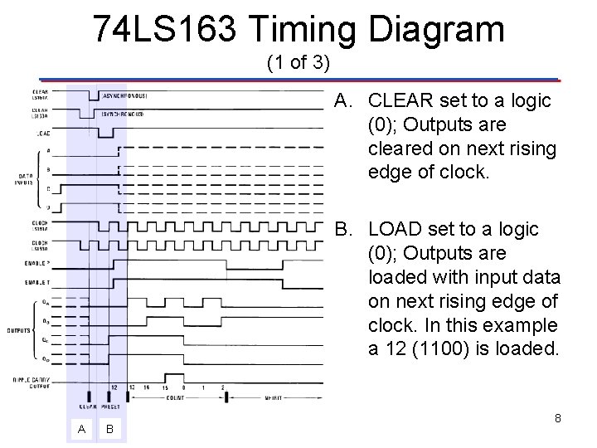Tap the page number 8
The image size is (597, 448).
pyautogui.click(x=557, y=418)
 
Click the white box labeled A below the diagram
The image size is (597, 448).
pyautogui.click(x=80, y=429)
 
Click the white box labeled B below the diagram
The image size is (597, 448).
pyautogui.click(x=109, y=429)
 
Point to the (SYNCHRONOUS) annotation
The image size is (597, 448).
pyautogui.click(x=123, y=114)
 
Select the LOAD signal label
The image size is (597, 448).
pyautogui.click(x=41, y=133)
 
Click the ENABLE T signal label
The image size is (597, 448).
pyautogui.click(x=38, y=283)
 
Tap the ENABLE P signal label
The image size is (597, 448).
pyautogui.click(x=38, y=264)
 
